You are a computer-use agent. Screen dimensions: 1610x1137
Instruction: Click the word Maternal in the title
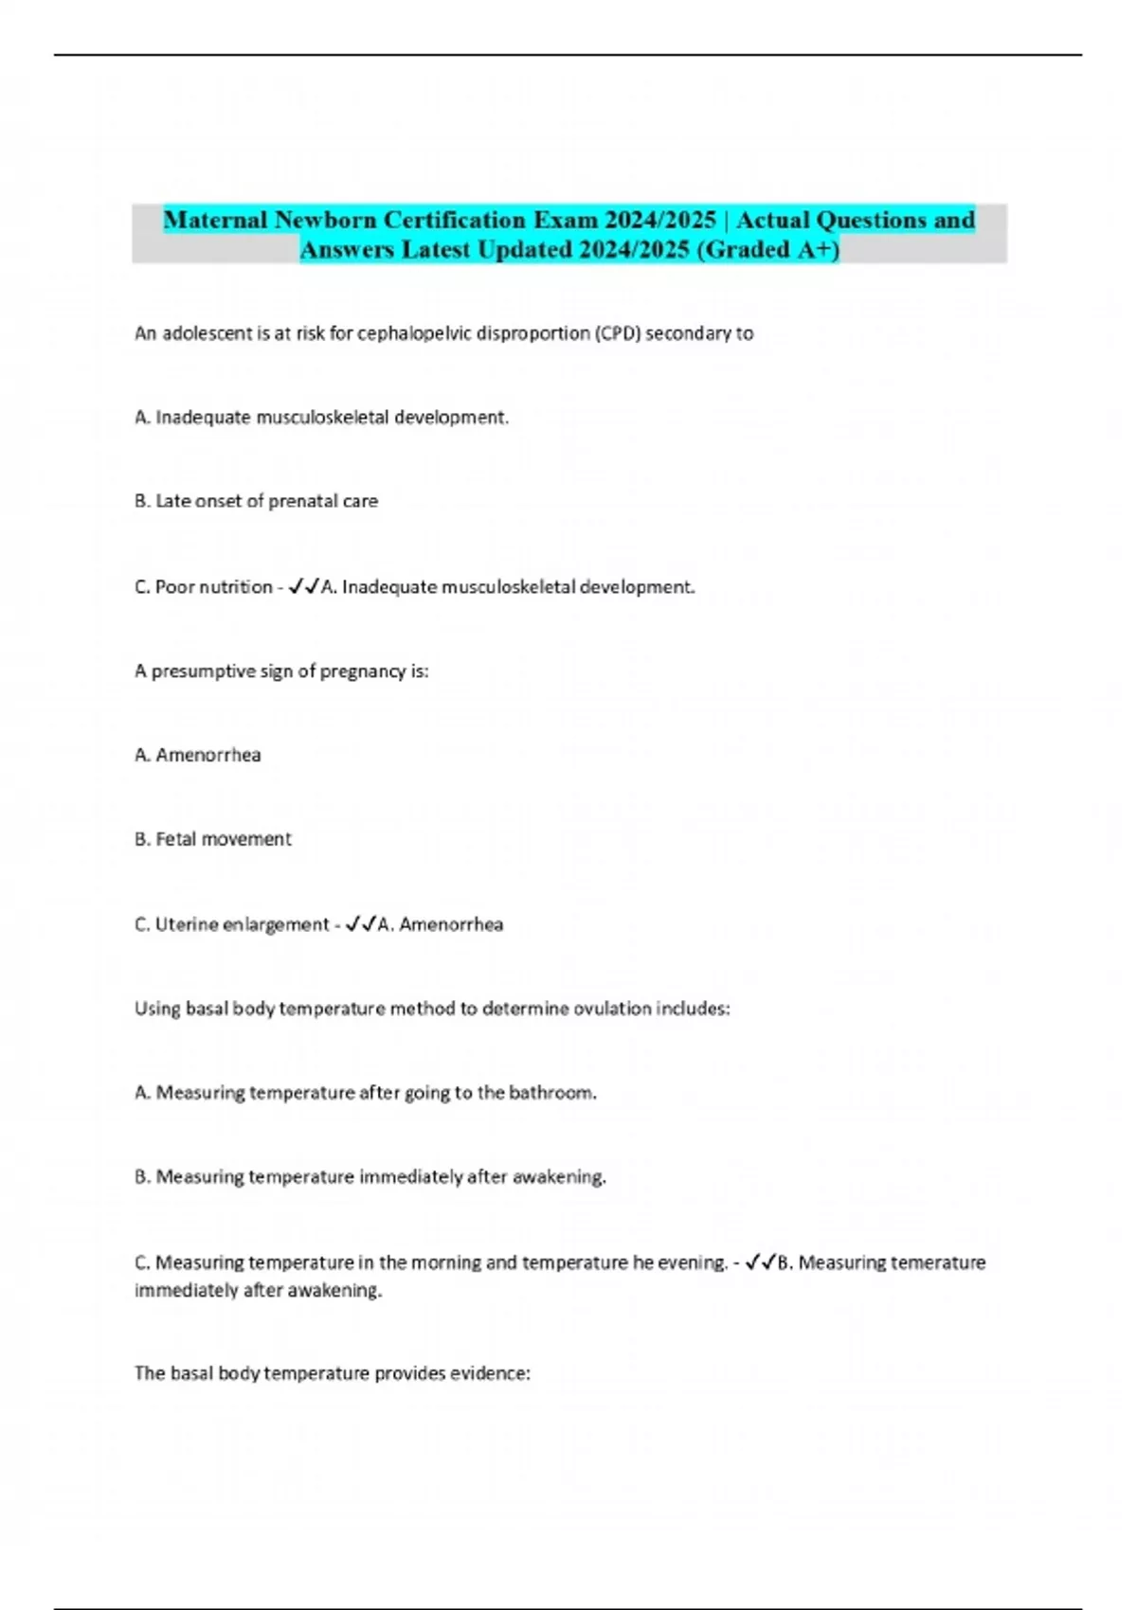coord(215,220)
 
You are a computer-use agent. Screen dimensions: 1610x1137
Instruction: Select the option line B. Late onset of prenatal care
coord(256,501)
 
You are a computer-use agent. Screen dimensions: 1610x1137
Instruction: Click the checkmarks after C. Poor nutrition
coord(303,587)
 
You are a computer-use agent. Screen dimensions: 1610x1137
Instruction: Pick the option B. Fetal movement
coord(212,839)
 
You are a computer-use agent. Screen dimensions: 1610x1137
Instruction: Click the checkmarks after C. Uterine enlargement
coord(361,924)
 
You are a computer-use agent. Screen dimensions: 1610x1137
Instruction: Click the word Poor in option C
coord(174,587)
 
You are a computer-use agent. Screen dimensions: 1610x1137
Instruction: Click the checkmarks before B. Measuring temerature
coord(760,1262)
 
